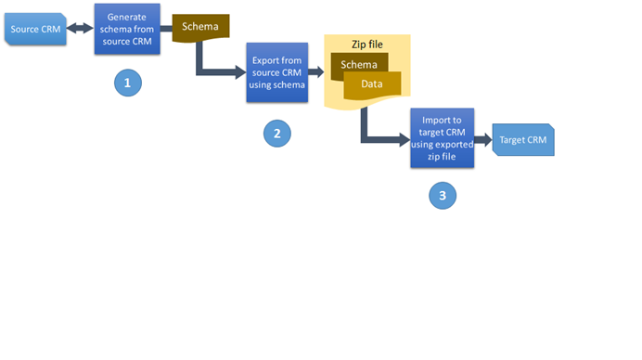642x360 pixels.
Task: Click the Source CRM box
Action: click(x=35, y=29)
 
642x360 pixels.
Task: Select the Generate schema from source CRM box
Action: click(x=125, y=29)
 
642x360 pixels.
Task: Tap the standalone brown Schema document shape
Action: click(x=200, y=27)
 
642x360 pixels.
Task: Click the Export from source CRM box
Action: click(x=276, y=72)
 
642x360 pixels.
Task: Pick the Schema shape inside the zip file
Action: click(x=359, y=65)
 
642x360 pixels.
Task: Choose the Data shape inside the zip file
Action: click(x=372, y=84)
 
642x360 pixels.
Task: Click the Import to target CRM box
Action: click(x=442, y=137)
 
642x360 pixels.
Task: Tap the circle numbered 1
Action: click(x=127, y=83)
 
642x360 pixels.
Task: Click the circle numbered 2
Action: click(x=276, y=134)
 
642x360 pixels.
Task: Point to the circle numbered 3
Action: click(x=443, y=195)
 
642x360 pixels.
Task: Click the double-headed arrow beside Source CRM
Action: click(x=80, y=29)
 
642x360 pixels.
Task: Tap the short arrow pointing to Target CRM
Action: click(x=481, y=141)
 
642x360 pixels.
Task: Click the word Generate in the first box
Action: click(x=125, y=18)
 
